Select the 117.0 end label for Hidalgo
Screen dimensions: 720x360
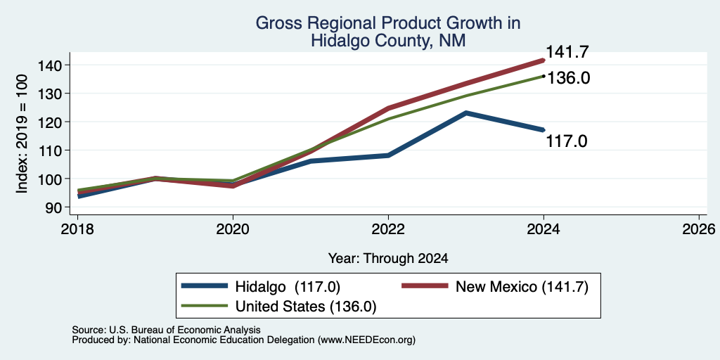point(567,141)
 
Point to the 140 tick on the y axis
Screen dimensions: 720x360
point(49,65)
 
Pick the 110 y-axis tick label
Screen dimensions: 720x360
point(49,150)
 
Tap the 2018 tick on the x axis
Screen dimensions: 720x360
point(77,229)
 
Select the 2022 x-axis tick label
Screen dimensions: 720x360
point(388,229)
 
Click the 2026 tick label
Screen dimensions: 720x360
point(699,229)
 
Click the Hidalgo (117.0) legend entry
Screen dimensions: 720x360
point(261,287)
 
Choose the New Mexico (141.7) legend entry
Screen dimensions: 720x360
point(495,287)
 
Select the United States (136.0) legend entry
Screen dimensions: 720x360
point(279,307)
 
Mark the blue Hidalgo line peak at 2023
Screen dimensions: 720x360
point(466,112)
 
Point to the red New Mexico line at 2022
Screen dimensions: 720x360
point(388,108)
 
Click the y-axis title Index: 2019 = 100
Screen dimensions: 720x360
point(22,134)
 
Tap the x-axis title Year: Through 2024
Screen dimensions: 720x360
point(388,259)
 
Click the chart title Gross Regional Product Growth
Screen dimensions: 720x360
point(388,23)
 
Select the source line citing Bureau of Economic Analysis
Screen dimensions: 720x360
point(166,330)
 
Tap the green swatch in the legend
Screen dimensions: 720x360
point(205,305)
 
